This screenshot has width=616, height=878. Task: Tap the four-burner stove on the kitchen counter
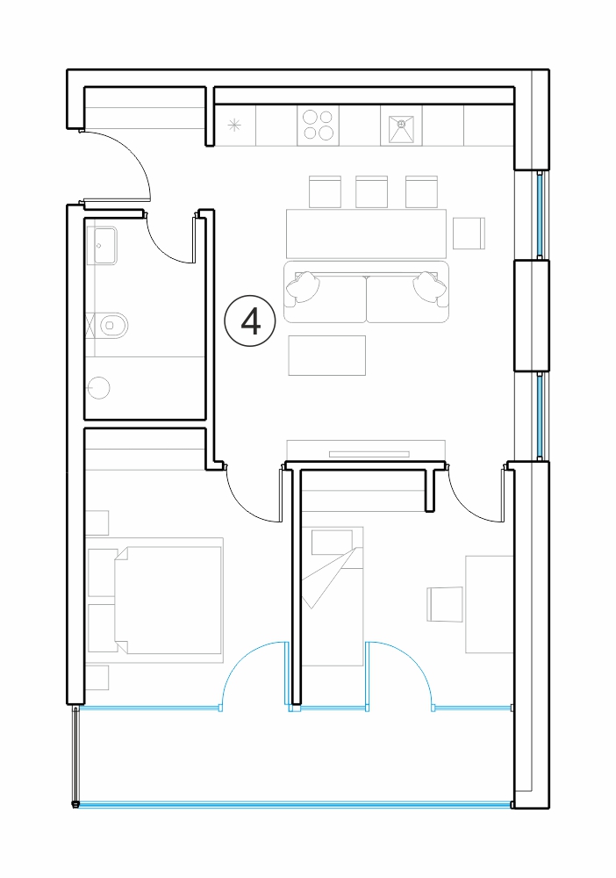pyautogui.click(x=318, y=125)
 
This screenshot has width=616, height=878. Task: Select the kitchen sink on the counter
pyautogui.click(x=401, y=129)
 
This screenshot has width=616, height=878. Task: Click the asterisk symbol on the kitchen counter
pyautogui.click(x=234, y=126)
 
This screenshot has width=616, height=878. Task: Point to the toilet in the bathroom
pyautogui.click(x=113, y=324)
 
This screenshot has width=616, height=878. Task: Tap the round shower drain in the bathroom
pyautogui.click(x=99, y=387)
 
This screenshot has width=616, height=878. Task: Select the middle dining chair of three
pyautogui.click(x=371, y=192)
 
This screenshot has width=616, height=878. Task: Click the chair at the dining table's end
pyautogui.click(x=469, y=233)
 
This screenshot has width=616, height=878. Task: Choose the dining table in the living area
pyautogui.click(x=367, y=234)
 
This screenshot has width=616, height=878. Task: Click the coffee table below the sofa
pyautogui.click(x=327, y=355)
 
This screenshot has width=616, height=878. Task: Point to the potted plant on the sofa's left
pyautogui.click(x=303, y=286)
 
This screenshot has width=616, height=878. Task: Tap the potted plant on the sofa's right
pyautogui.click(x=430, y=286)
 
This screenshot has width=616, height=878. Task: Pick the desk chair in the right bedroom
pyautogui.click(x=446, y=604)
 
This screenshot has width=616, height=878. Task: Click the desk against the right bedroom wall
pyautogui.click(x=490, y=604)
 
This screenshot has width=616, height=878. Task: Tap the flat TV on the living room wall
pyautogui.click(x=369, y=454)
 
